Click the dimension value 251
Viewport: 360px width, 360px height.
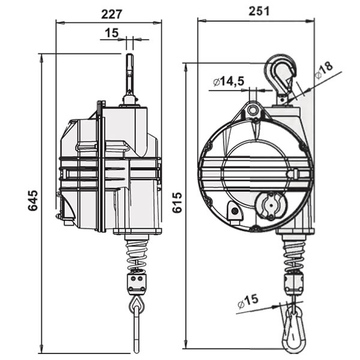(x=257, y=10)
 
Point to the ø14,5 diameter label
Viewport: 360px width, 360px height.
(x=229, y=81)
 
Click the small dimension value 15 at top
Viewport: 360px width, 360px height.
(x=112, y=34)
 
